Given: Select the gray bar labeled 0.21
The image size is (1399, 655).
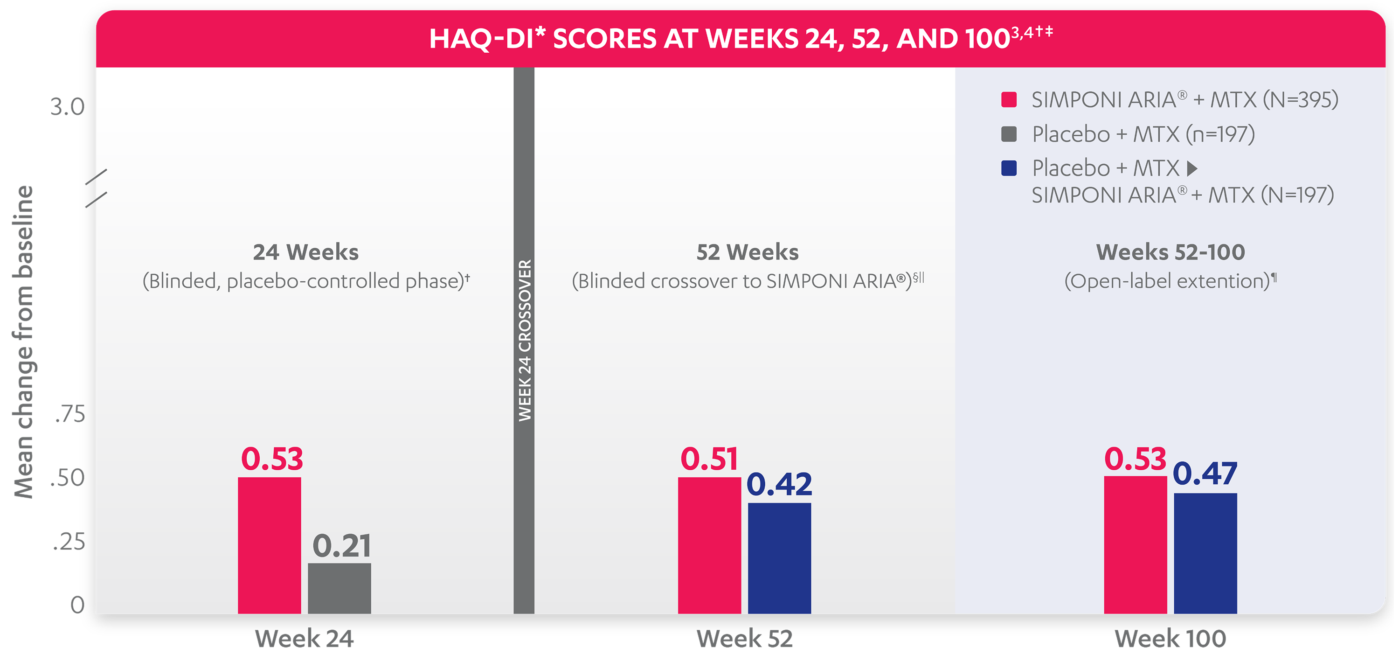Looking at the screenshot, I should pyautogui.click(x=339, y=588).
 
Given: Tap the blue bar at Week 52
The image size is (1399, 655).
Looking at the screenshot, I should pyautogui.click(x=779, y=558).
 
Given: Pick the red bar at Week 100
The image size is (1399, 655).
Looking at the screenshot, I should pyautogui.click(x=1135, y=545).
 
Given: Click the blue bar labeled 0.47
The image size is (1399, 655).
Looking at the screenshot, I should pyautogui.click(x=1205, y=553).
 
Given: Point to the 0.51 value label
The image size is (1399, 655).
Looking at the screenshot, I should pyautogui.click(x=709, y=459).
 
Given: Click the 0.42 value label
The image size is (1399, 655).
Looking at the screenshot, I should pyautogui.click(x=779, y=484).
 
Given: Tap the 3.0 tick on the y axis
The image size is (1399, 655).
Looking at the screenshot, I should pyautogui.click(x=68, y=107).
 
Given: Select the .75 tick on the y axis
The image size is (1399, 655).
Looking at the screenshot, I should pyautogui.click(x=70, y=414).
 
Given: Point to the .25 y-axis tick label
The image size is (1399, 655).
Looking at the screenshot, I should pyautogui.click(x=69, y=542).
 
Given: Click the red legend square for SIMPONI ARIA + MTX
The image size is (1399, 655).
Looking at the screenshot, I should pyautogui.click(x=1009, y=100).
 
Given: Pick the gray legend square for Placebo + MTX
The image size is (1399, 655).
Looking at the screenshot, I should pyautogui.click(x=1009, y=134).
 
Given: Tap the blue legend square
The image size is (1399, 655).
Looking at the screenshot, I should pyautogui.click(x=1009, y=168).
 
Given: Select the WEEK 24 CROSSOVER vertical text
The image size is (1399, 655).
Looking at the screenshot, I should pyautogui.click(x=525, y=340).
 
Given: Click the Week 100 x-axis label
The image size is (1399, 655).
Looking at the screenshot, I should pyautogui.click(x=1170, y=639).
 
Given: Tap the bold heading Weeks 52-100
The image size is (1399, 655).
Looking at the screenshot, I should pyautogui.click(x=1170, y=252).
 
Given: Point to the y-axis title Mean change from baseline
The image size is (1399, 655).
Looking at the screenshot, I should pyautogui.click(x=23, y=342).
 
